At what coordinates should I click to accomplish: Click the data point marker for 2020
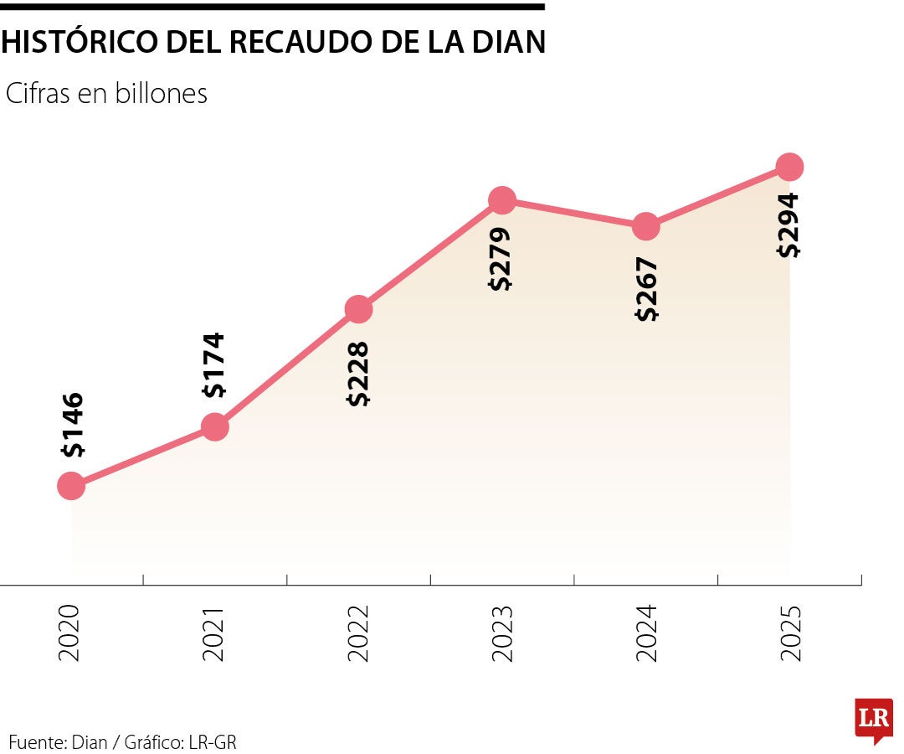point(71,485)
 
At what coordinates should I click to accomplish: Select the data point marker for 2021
point(215,426)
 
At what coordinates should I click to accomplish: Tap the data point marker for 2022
point(358,309)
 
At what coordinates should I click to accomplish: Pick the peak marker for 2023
point(501,200)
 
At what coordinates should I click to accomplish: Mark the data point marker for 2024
point(645,225)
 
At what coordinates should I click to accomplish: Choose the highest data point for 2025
point(789,167)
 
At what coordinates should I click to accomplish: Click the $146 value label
point(73,425)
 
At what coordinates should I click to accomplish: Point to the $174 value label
point(214,365)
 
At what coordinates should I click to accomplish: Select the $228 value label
point(358,374)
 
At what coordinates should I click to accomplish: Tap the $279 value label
point(501,259)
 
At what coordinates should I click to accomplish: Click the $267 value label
point(646,289)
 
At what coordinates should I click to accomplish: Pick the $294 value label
point(788,225)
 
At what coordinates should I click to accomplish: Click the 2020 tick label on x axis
point(71,633)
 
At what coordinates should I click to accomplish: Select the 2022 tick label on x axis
point(358,633)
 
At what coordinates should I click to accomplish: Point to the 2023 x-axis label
point(501,633)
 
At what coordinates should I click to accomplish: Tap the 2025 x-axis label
point(789,633)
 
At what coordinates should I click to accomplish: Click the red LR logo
point(873,719)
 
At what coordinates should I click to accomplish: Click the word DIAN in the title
point(501,42)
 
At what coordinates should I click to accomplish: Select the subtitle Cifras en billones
point(106,94)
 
